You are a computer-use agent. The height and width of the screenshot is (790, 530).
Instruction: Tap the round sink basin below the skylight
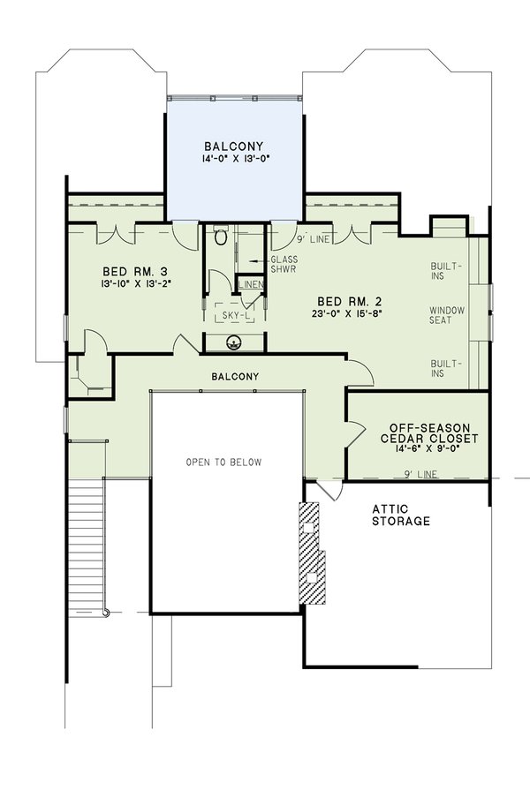pos(234,342)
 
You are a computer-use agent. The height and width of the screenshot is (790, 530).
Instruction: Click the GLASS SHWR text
pos(284,265)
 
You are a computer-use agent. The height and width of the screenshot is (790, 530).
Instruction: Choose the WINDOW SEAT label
pos(446,315)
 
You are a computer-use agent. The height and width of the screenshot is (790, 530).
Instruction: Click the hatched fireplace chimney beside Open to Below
pos(312,554)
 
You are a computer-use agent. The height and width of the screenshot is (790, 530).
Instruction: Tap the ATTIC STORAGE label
pos(400,515)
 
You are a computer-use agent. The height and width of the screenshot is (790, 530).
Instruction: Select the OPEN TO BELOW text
pos(223,462)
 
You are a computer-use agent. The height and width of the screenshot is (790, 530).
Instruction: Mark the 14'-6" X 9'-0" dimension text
pos(417,449)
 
